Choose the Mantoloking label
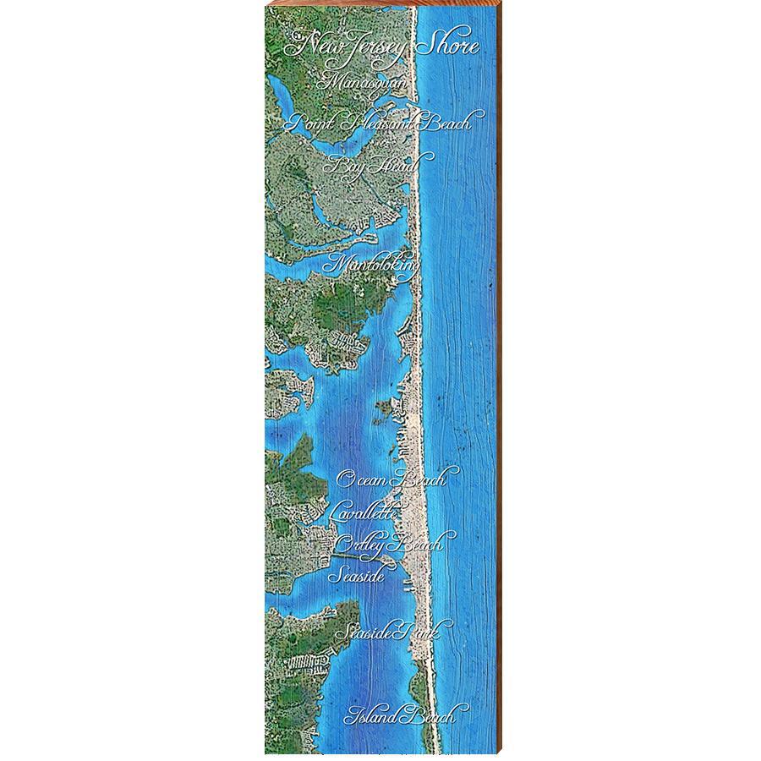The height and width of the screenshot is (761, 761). pyautogui.click(x=372, y=264)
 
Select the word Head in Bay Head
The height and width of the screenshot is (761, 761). pyautogui.click(x=401, y=165)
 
